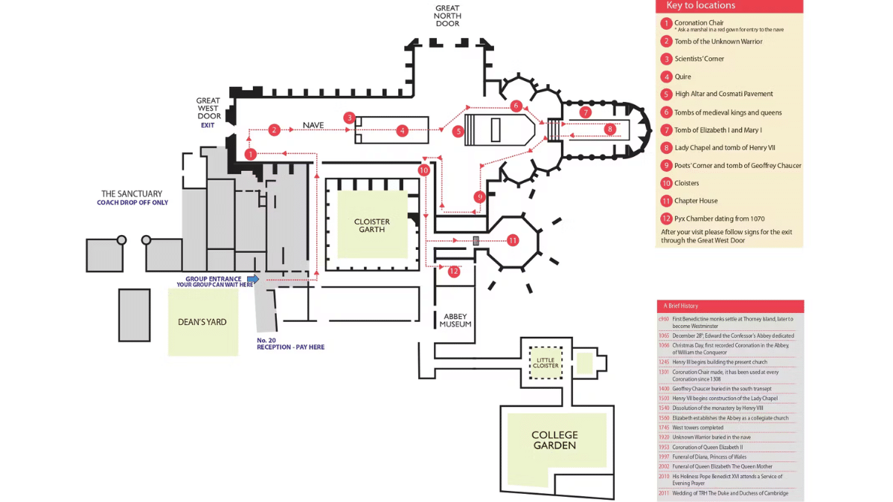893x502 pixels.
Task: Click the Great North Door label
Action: (447, 16)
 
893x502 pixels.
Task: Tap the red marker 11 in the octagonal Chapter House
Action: (513, 240)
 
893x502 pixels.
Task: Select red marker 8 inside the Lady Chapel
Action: (610, 129)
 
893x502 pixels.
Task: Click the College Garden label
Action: (554, 440)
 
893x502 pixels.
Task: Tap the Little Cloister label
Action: (545, 362)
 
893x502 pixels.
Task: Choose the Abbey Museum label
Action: (455, 321)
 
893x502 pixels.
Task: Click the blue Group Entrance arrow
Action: (253, 279)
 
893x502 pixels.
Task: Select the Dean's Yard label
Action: (202, 322)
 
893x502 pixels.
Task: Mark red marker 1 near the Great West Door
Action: (251, 154)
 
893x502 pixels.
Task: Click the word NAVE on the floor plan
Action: (313, 125)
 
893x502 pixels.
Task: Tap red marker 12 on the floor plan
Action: (454, 271)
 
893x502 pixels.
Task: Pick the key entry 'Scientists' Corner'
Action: (699, 59)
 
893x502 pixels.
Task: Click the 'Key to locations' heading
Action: (700, 6)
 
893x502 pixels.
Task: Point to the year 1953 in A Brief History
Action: (664, 447)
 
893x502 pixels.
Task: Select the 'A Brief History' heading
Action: (681, 306)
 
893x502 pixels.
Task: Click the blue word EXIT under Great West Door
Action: (208, 125)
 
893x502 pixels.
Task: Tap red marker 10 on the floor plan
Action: (423, 170)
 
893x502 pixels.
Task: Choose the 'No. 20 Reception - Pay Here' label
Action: (290, 344)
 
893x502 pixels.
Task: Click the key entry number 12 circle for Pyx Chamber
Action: (666, 219)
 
